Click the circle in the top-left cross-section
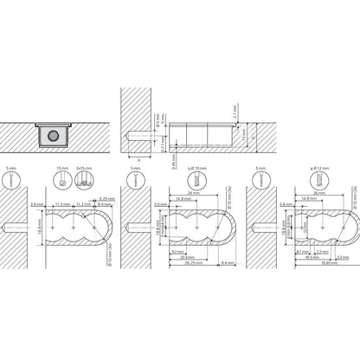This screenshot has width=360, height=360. click(x=55, y=135)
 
